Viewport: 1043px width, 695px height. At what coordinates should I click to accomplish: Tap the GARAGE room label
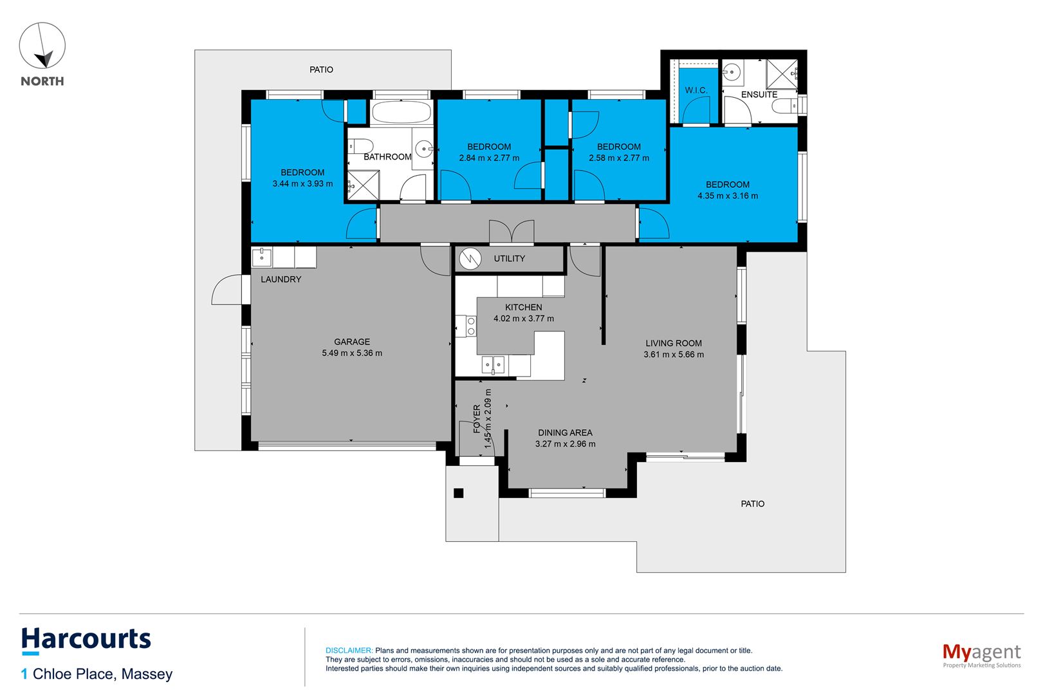pos(352,342)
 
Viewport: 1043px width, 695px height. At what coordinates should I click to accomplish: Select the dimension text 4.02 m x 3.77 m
pos(523,319)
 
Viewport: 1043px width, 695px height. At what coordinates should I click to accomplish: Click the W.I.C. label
pos(696,90)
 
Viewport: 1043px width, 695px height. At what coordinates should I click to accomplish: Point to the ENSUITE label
pos(759,95)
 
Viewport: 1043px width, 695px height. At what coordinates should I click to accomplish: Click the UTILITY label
pos(509,259)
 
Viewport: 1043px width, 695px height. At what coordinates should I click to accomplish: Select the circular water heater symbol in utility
pos(471,259)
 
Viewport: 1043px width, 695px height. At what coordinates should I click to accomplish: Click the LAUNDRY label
pos(281,279)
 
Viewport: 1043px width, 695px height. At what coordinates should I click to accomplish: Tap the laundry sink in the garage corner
pos(262,257)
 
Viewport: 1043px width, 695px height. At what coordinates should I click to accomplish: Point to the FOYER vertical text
pos(477,418)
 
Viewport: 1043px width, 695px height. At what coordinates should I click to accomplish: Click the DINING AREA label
pos(565,433)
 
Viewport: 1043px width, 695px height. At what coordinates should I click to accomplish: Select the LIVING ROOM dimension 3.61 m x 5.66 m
pos(674,355)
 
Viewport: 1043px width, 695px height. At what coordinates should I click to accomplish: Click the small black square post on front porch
pos(458,494)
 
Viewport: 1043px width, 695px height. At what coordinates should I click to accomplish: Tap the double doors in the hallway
pos(512,232)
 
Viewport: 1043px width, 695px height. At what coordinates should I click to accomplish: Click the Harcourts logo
pos(86,640)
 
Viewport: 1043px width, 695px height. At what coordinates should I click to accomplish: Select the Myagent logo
pos(981,654)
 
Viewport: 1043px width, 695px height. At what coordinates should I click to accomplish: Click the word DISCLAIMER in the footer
pos(349,651)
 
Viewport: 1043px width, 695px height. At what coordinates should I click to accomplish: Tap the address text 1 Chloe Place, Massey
pos(97,674)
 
